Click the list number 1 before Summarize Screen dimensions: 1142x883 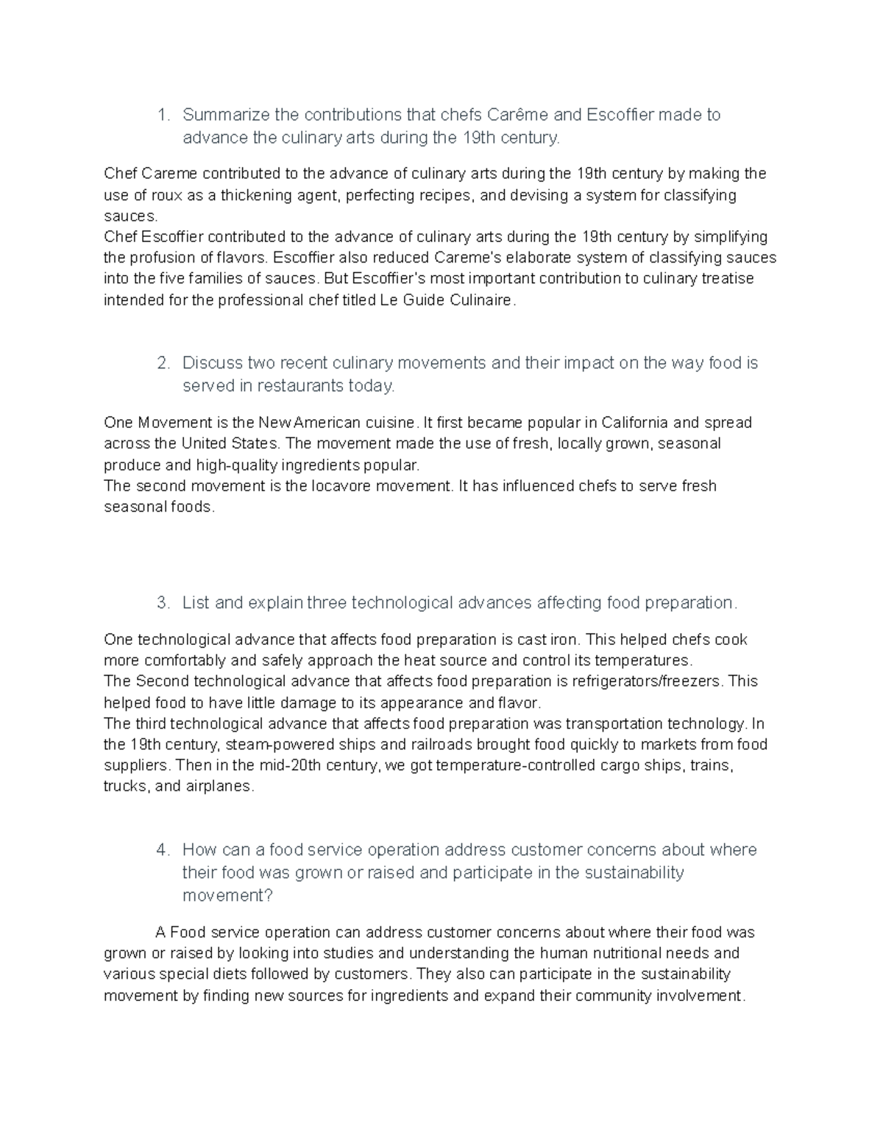point(163,115)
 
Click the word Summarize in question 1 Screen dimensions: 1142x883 point(226,115)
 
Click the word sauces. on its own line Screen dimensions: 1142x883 point(131,216)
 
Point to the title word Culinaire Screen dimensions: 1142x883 point(482,300)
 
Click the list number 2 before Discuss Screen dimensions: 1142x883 point(163,363)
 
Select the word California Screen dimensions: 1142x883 point(635,423)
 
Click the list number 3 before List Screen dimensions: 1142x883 point(163,603)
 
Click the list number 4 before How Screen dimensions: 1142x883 point(163,850)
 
